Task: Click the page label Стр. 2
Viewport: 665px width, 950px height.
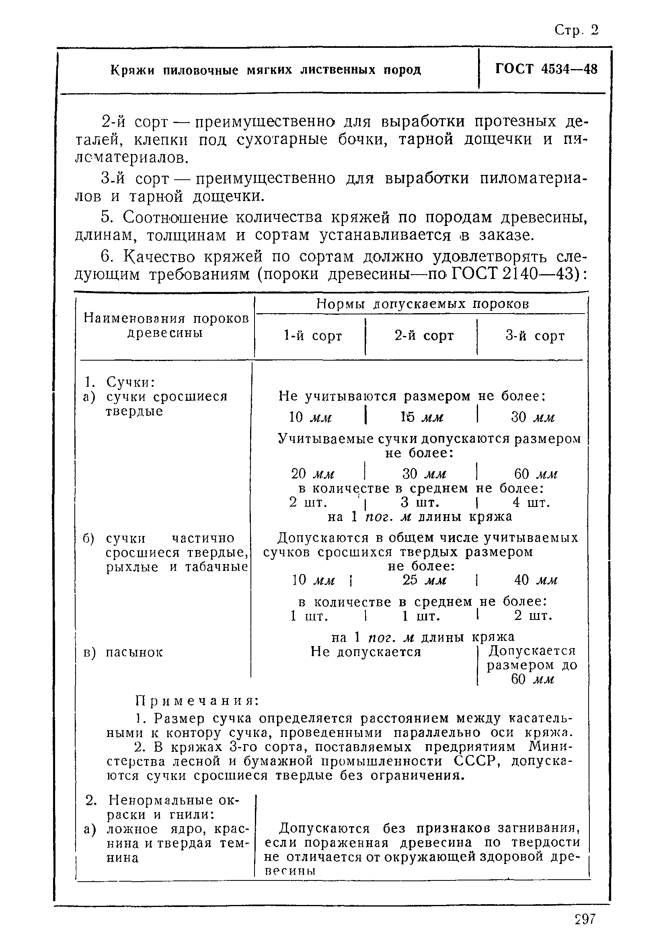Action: (x=577, y=30)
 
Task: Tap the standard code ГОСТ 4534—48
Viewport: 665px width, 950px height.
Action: (x=546, y=69)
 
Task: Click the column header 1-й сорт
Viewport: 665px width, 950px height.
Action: (x=313, y=336)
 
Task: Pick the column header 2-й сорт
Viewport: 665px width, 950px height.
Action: (x=424, y=336)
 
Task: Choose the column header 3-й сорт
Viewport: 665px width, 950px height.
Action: (x=535, y=336)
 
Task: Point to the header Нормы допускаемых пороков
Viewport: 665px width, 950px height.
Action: (x=423, y=304)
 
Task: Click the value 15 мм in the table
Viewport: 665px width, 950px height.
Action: (x=422, y=417)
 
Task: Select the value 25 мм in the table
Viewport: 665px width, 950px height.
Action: (x=424, y=580)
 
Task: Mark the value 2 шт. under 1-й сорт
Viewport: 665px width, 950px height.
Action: (x=308, y=503)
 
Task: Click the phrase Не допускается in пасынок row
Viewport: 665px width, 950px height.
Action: (x=365, y=652)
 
